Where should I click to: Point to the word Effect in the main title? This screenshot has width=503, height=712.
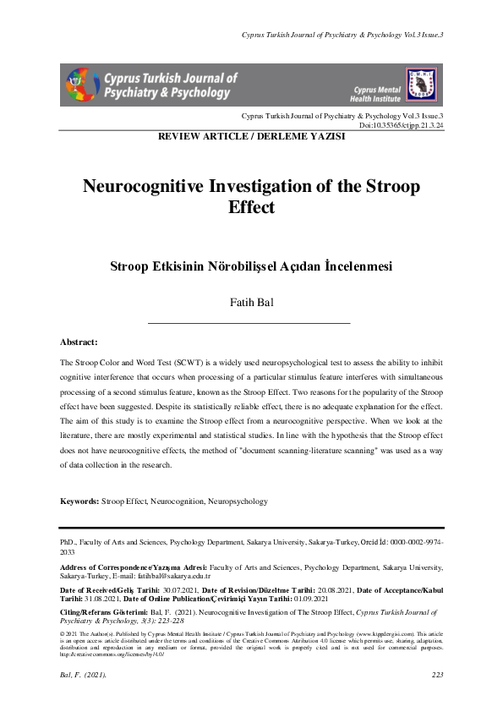[251, 207]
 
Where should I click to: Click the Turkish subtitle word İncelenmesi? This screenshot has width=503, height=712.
[353, 266]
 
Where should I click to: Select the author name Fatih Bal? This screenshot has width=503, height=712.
[250, 304]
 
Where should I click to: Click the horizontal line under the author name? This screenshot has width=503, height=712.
[249, 323]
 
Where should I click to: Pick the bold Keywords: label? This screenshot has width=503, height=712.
[79, 501]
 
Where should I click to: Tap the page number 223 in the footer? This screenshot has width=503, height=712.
[437, 674]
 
